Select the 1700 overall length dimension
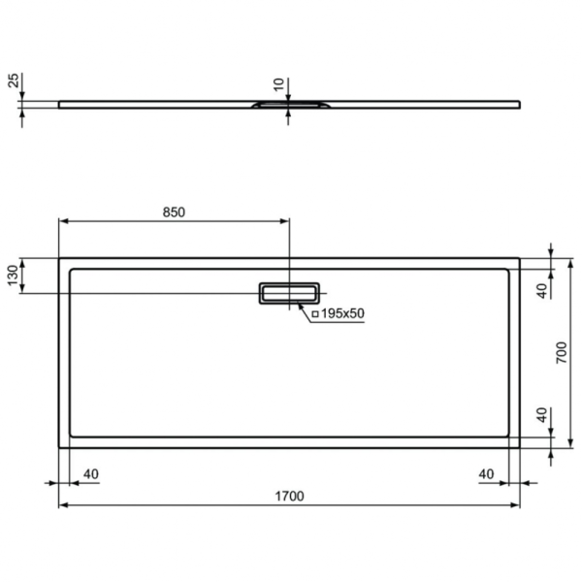pos(289,496)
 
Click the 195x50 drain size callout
pos(342,312)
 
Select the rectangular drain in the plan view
pos(288,292)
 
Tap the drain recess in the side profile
pos(288,102)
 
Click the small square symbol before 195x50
pos(315,313)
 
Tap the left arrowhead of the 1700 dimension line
pos(63,505)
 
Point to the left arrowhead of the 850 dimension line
pos(63,222)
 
